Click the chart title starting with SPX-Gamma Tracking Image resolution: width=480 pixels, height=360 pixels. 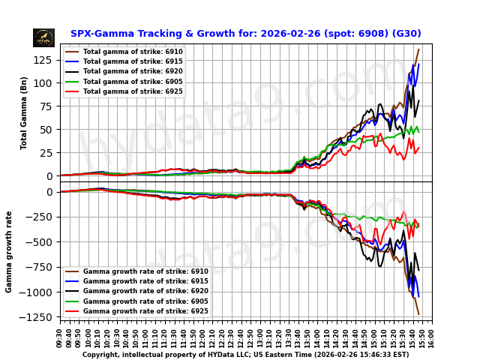(245, 34)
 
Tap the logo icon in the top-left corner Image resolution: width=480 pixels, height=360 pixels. (43, 37)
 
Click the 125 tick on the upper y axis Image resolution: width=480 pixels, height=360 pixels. (44, 59)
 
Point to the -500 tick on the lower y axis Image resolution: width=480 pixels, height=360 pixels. (41, 242)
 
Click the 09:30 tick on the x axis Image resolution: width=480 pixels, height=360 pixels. (60, 337)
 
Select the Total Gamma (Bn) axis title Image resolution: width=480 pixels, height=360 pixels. (24, 112)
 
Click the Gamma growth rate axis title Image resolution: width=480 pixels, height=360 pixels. (10, 252)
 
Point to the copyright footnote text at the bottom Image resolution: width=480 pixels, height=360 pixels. (245, 355)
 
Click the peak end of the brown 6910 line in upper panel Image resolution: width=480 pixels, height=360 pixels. (418, 50)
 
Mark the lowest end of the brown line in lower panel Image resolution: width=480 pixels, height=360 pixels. (418, 314)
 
